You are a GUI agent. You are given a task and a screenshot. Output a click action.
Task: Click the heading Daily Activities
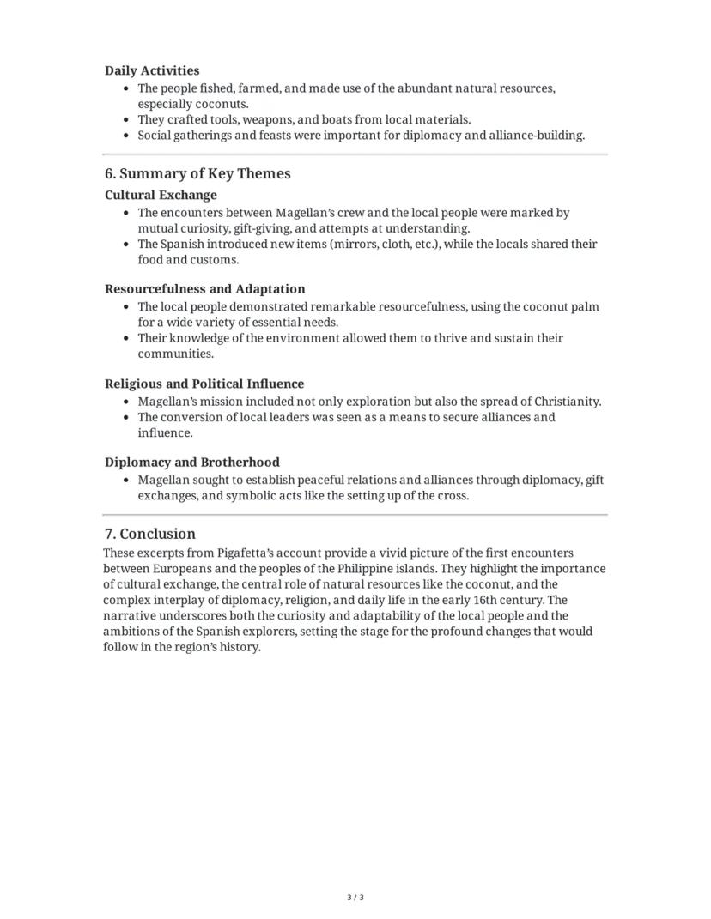[x=152, y=70]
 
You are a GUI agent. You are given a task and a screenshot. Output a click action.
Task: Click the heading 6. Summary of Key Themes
[x=197, y=173]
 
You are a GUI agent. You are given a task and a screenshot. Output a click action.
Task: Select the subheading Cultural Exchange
[x=161, y=195]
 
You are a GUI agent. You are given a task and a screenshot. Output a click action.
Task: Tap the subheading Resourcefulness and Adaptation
[x=204, y=289]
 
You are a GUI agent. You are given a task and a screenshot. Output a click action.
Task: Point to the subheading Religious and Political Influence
[x=204, y=384]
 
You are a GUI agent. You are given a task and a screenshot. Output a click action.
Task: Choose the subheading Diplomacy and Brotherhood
[x=191, y=462]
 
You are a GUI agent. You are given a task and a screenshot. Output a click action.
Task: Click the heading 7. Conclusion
[x=150, y=534]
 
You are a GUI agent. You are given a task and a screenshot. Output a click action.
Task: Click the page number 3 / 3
[x=355, y=898]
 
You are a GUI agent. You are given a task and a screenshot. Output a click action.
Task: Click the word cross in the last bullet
[x=452, y=496]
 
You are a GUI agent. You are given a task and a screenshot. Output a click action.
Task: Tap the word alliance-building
[x=536, y=136]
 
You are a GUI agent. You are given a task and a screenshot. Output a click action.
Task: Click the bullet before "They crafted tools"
[x=127, y=120]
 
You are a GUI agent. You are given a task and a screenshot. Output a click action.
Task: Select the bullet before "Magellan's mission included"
[x=127, y=402]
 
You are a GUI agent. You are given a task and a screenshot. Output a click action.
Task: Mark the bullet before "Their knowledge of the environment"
[x=127, y=338]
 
